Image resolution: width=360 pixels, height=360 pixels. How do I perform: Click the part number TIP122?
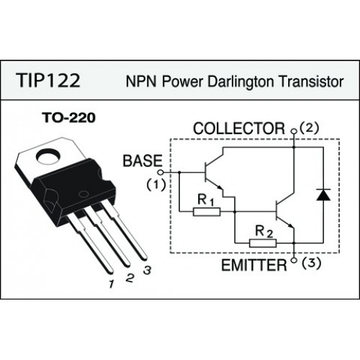point(48,81)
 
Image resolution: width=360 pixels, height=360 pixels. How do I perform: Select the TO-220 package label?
point(68,118)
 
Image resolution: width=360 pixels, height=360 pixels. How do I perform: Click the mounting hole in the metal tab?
point(48,156)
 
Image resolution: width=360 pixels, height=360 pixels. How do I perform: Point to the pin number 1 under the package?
point(111,284)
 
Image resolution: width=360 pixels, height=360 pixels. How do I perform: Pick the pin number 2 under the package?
point(130,278)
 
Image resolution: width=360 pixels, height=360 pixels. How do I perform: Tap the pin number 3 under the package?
point(147,270)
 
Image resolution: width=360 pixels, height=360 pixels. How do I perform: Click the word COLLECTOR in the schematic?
point(239,128)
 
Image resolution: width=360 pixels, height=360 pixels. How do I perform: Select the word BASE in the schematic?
point(143,161)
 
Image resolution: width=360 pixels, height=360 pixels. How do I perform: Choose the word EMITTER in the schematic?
point(254,266)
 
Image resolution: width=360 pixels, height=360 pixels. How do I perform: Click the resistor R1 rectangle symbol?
point(207,212)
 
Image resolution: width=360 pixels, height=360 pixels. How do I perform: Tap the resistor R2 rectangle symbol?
point(263,243)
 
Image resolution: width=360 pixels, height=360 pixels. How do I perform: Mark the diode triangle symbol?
point(323,194)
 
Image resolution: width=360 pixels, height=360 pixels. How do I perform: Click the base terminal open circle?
point(161,172)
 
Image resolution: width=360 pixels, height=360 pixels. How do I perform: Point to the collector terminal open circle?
point(293,131)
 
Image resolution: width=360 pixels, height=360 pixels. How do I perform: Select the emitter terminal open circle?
point(293,260)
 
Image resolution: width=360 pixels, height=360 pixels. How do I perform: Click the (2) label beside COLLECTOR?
point(310,128)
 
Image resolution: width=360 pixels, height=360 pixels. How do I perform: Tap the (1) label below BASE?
point(156,185)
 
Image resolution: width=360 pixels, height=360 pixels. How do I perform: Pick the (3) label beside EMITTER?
point(311,264)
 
